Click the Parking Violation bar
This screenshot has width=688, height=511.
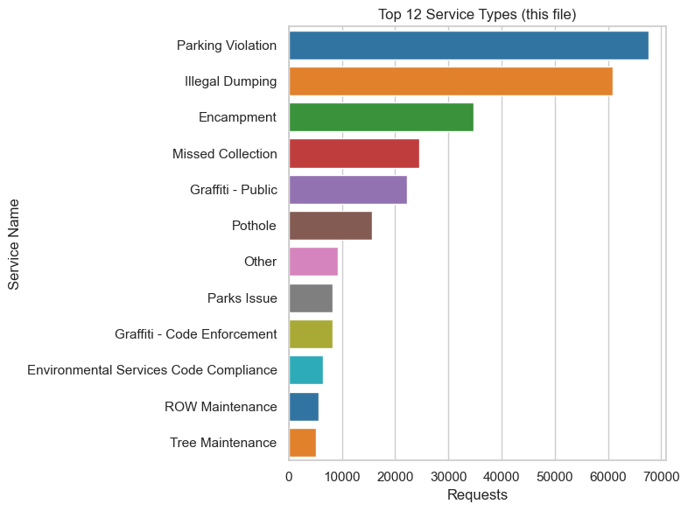[468, 45]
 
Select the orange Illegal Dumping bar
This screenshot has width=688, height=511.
[451, 81]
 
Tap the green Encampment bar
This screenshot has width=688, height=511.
[381, 117]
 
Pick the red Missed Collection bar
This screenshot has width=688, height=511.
[354, 154]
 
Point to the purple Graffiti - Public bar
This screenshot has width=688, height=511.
[348, 190]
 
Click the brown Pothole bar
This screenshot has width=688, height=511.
[330, 226]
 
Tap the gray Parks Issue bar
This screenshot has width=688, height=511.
[311, 298]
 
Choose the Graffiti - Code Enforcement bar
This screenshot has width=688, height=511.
[311, 334]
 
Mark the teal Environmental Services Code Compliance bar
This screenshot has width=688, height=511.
[305, 370]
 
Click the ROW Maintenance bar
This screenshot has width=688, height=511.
[304, 407]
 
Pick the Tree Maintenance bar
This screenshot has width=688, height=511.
[302, 443]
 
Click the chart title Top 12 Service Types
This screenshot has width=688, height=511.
[477, 15]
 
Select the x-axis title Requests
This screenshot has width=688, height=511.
[477, 494]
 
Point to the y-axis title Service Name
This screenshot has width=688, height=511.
[15, 244]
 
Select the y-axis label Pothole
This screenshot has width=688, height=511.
[254, 226]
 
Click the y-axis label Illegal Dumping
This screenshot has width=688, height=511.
[231, 81]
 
